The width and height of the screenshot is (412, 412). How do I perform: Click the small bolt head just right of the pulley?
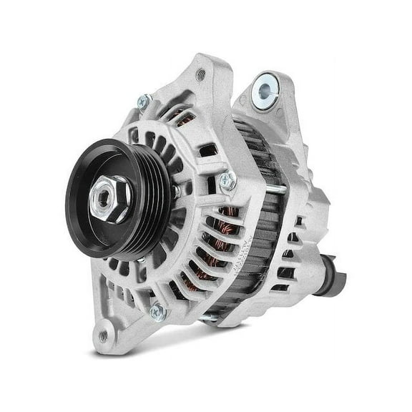(x=175, y=192)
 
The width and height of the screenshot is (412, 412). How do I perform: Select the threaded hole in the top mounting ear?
(x=200, y=74)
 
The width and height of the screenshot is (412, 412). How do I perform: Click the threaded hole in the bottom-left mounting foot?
(x=104, y=335)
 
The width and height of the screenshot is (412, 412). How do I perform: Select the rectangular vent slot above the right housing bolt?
(x=208, y=150)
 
